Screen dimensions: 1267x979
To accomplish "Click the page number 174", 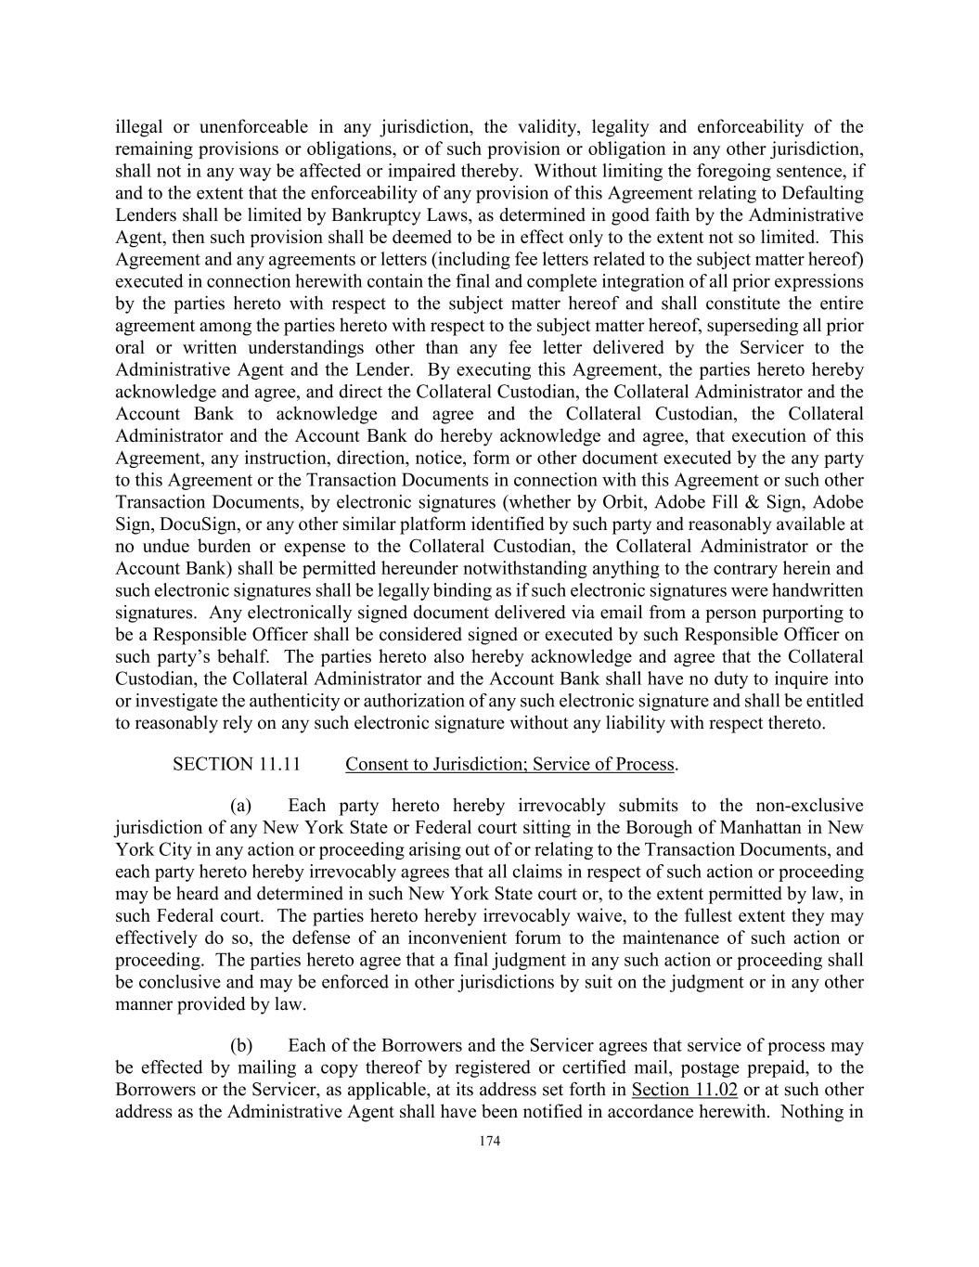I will (489, 1142).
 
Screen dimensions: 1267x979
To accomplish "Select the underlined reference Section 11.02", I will (684, 1090).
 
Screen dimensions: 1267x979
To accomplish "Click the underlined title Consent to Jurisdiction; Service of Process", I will (509, 764).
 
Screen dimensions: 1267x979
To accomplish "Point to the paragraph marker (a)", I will (241, 805).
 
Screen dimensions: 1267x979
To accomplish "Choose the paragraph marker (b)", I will (241, 1046).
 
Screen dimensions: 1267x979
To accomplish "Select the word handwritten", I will (817, 590).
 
